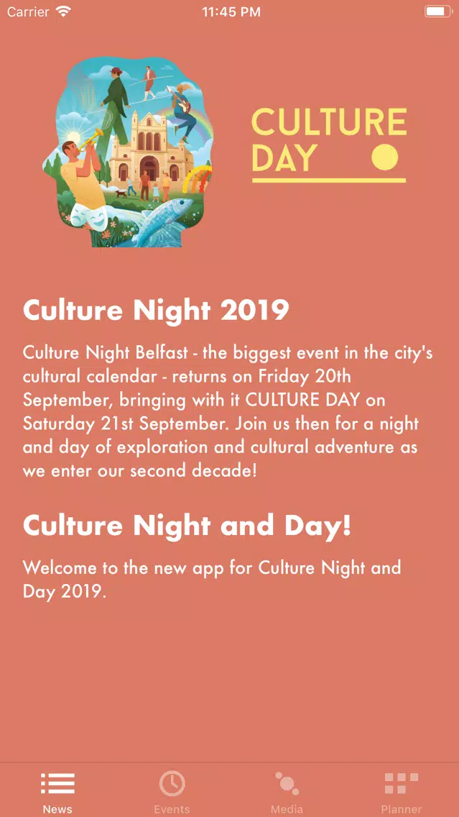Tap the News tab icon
point(57,783)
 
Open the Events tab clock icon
point(172,783)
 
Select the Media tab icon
point(286,783)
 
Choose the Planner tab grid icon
point(402,784)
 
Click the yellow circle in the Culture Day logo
point(384,157)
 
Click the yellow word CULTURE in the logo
point(329,122)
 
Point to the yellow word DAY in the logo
point(284,158)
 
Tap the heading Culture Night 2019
point(156,311)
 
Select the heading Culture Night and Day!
point(187,526)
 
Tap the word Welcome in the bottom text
point(60,567)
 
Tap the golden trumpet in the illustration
point(91,140)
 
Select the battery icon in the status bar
point(438,12)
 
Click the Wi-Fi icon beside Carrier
point(63,12)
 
